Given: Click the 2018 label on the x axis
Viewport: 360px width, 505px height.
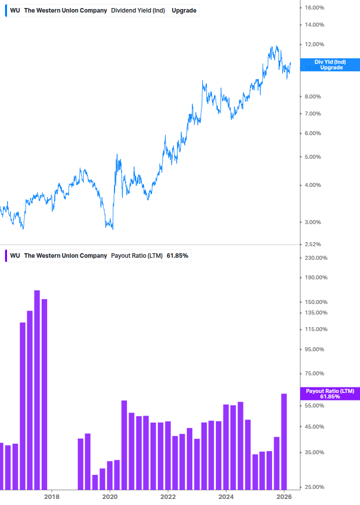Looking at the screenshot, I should click(x=51, y=496).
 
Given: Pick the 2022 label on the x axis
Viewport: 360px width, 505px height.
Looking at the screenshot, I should click(x=168, y=496).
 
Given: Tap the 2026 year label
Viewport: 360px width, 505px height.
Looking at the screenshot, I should click(x=284, y=496).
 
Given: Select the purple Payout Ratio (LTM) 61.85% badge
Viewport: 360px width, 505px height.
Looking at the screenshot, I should click(x=330, y=393).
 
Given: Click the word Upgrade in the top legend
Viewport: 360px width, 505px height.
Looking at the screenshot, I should click(x=184, y=11).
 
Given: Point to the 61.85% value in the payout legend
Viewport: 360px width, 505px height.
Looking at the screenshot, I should click(x=177, y=256).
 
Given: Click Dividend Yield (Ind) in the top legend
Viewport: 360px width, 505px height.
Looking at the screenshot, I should click(x=138, y=11).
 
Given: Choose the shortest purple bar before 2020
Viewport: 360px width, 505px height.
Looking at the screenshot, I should click(x=95, y=482).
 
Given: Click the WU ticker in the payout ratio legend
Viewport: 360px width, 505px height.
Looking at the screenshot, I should click(x=15, y=256).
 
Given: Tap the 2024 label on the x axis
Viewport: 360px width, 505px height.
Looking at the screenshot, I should click(x=226, y=496).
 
